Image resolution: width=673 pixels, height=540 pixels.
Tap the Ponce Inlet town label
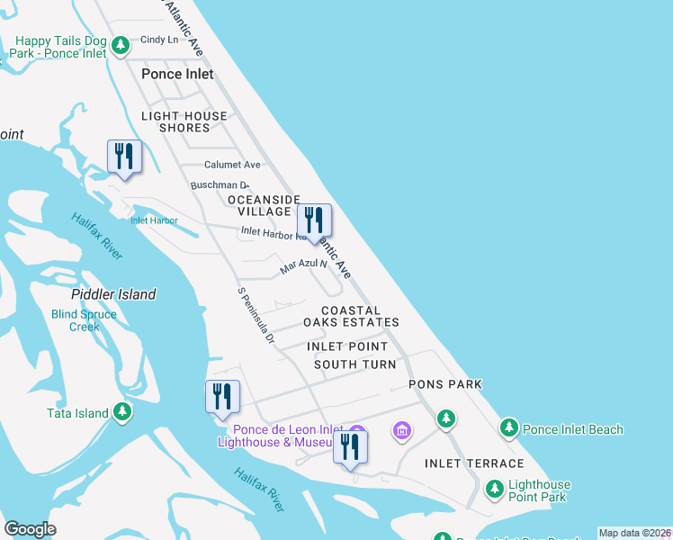[x=177, y=74]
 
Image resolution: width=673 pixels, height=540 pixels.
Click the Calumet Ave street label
[x=232, y=165]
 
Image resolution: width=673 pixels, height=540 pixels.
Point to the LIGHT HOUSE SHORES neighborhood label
[x=184, y=122]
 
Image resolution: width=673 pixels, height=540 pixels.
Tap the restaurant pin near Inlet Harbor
[x=123, y=157]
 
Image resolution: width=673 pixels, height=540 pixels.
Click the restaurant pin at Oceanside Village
[x=314, y=220]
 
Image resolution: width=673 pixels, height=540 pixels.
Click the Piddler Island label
[x=113, y=294]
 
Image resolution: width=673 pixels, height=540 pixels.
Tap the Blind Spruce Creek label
[x=84, y=320]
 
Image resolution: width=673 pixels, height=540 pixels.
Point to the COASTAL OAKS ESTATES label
[x=351, y=316]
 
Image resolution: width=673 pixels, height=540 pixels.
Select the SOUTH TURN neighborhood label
[x=354, y=364]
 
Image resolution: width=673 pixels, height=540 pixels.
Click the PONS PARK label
[x=445, y=384]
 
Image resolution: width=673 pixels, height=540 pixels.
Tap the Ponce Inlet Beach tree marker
[x=509, y=427]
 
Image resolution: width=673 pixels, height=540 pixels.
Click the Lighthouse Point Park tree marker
[x=494, y=489]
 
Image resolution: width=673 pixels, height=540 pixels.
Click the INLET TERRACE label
[x=474, y=463]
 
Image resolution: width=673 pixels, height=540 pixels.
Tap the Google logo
[x=30, y=529]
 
